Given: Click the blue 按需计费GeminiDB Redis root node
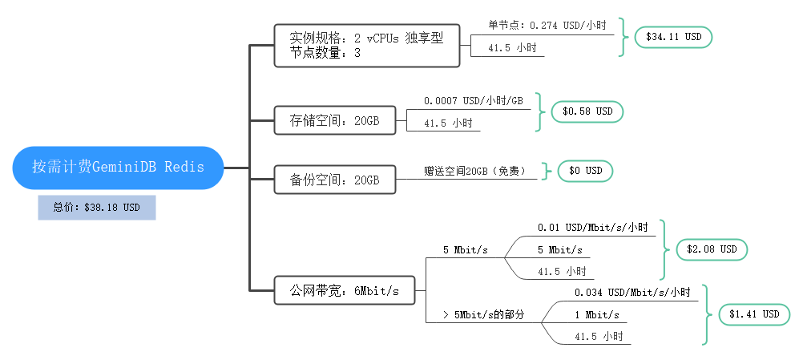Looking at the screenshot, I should pos(118,168).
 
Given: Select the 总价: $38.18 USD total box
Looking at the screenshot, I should pos(96,207).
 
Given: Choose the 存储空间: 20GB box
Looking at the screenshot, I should pos(334,121).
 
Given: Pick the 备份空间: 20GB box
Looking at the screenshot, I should pos(334,180).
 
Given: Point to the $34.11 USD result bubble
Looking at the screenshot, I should pos(672,37).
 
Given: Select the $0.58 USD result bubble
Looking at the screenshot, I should pos(587,111).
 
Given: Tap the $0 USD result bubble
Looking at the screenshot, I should pos(585,171).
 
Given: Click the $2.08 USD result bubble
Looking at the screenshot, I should pos(711,249).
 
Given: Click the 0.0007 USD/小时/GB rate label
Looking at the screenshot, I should pos(473,101).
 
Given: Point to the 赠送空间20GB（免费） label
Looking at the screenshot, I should pos(474,171).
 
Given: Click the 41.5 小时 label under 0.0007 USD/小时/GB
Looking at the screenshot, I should pos(446,123).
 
